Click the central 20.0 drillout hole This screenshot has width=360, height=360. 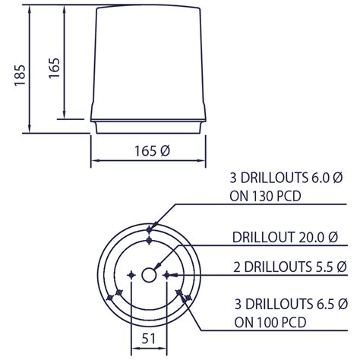pos(150,274)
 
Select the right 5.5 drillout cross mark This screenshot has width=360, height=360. pos(168,274)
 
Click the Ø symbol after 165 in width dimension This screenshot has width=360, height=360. pos(165,151)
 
